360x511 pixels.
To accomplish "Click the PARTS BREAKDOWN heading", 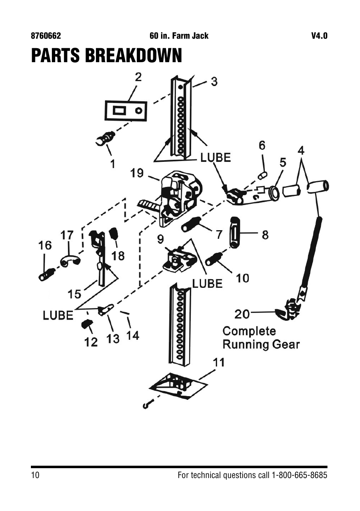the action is point(107,55).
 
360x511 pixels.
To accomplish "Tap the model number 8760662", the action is point(46,36).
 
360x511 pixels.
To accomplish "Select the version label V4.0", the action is point(319,36).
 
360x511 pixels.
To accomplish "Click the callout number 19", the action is point(137,173).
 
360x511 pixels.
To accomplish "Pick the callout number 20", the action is point(242,314).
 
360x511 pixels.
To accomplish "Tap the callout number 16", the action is point(45,245).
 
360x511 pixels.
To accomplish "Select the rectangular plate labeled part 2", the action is point(126,111).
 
